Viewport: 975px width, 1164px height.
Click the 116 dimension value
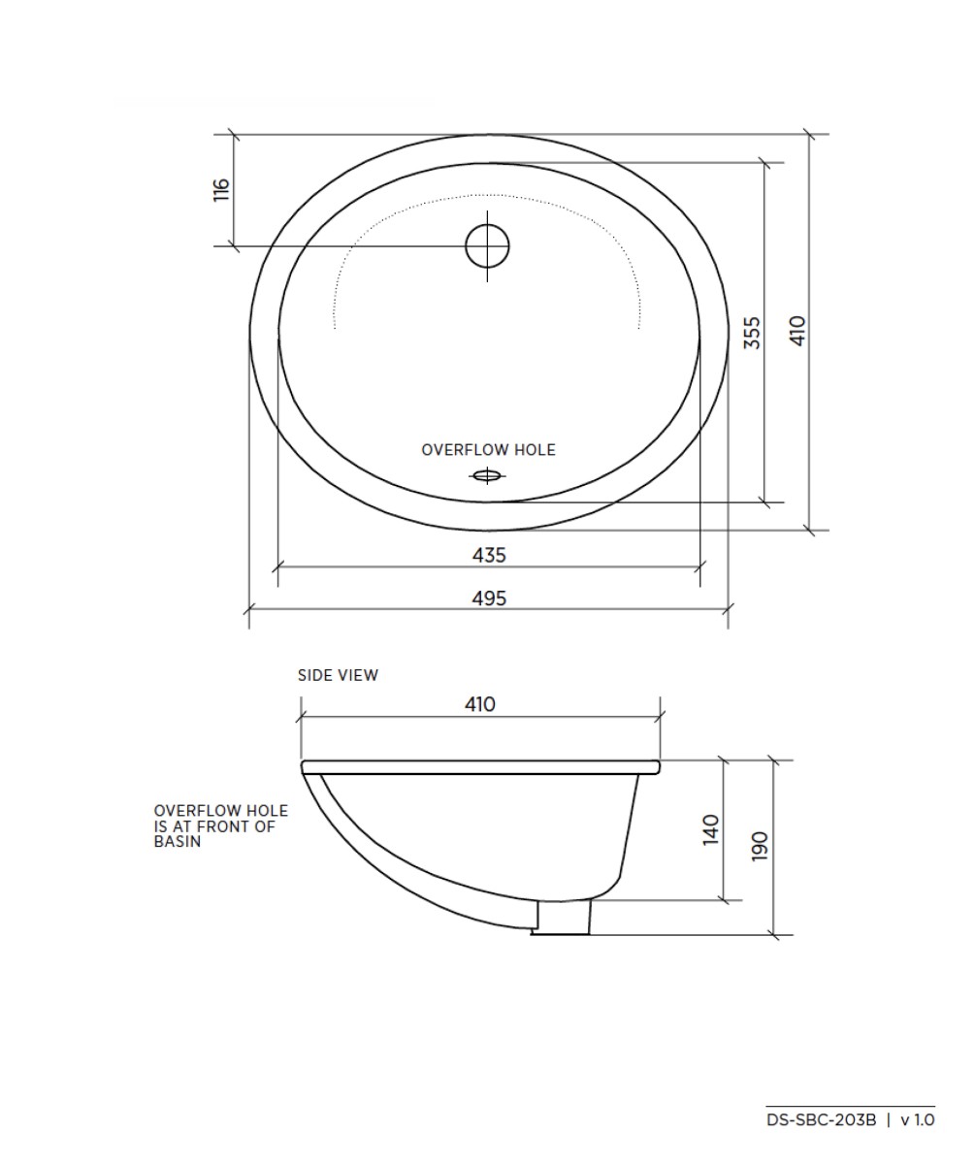[x=221, y=189]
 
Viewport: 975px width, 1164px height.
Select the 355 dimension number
[x=752, y=332]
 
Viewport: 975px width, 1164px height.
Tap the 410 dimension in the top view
[x=797, y=332]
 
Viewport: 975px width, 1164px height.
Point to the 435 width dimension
[x=489, y=555]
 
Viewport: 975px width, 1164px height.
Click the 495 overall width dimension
[x=489, y=598]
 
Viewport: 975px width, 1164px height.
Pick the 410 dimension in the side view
[x=480, y=704]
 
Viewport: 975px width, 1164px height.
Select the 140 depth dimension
[x=711, y=829]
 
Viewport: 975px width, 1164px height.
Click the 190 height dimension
[x=760, y=846]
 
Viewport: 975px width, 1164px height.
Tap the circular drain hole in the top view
[x=487, y=245]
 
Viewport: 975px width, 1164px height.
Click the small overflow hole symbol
[x=487, y=475]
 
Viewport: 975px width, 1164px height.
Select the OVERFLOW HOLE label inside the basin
[x=488, y=450]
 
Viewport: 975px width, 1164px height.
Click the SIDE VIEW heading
[x=338, y=675]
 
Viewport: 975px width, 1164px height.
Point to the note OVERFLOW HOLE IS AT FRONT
[x=220, y=826]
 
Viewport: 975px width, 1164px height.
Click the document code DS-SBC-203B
[x=821, y=1119]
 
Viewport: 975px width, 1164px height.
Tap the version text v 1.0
[x=918, y=1119]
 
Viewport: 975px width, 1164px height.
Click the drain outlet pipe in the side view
[x=563, y=917]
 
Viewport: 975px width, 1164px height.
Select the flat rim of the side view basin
[x=480, y=766]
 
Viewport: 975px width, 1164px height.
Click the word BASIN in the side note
[x=178, y=842]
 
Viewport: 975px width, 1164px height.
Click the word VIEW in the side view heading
[x=359, y=675]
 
